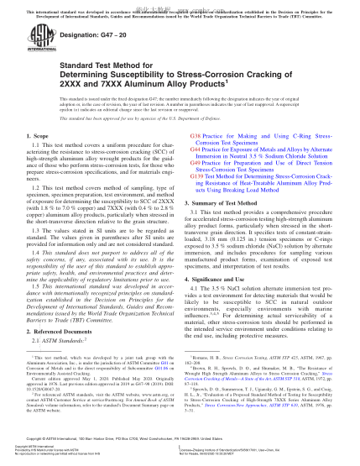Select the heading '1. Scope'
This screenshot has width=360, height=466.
tap(42, 135)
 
